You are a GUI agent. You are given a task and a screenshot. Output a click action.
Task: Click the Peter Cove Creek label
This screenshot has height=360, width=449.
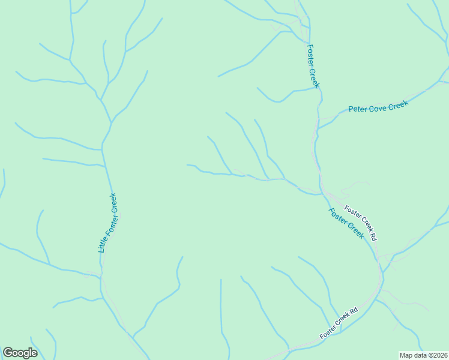[378, 107]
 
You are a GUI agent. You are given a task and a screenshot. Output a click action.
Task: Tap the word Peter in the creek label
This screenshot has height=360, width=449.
[358, 110]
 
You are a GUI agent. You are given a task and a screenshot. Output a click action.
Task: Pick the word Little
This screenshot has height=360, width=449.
[102, 244]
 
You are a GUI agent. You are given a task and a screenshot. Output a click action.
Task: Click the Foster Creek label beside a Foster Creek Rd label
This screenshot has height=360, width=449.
[346, 223]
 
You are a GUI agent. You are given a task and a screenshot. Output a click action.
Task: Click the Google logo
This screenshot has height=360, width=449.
[20, 353]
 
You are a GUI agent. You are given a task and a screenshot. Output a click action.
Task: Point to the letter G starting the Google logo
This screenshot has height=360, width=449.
[7, 352]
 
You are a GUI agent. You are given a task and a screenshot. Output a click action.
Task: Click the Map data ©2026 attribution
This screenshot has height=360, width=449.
[423, 355]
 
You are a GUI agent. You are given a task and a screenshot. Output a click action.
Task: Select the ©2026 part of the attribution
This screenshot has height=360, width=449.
[436, 355]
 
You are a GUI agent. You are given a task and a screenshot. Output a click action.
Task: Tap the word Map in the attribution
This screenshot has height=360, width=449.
[406, 355]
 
